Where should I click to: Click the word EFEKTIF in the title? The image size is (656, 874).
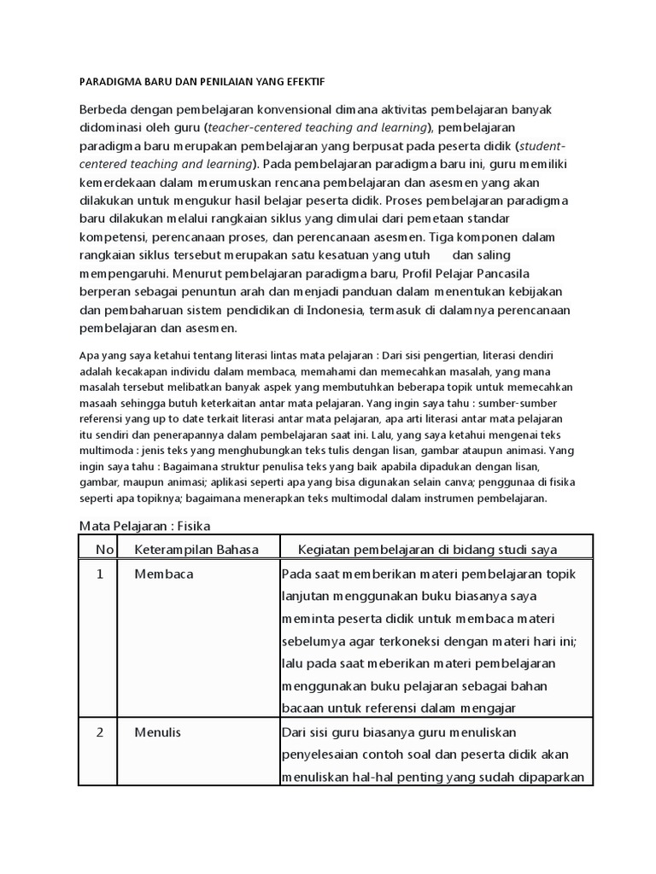point(301,81)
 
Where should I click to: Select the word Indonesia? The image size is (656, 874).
point(326,310)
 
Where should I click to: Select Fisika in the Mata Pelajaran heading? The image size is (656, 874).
point(194,526)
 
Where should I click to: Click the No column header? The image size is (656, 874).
point(103,549)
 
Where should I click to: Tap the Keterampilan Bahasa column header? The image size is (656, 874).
point(196,549)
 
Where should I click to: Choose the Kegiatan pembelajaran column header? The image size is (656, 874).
point(433,549)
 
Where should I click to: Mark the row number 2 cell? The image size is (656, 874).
point(100,732)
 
